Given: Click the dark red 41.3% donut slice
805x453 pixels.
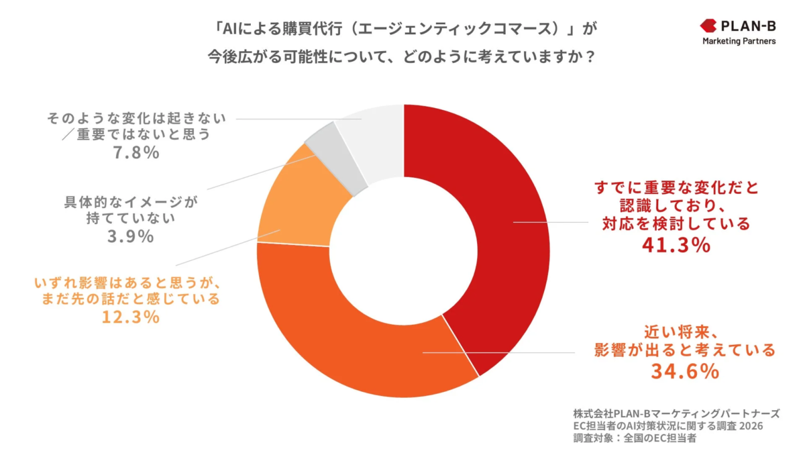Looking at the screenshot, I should pyautogui.click(x=496, y=221).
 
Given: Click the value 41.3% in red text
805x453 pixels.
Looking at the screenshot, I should pyautogui.click(x=676, y=246).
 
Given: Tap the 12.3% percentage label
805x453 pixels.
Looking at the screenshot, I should pyautogui.click(x=130, y=317).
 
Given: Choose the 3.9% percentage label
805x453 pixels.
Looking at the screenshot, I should pyautogui.click(x=130, y=236).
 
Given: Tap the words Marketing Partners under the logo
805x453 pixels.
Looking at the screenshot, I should pyautogui.click(x=739, y=42).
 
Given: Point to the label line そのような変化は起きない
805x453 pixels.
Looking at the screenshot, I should pyautogui.click(x=136, y=119).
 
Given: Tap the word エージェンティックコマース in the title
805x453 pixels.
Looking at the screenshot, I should pyautogui.click(x=419, y=30).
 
